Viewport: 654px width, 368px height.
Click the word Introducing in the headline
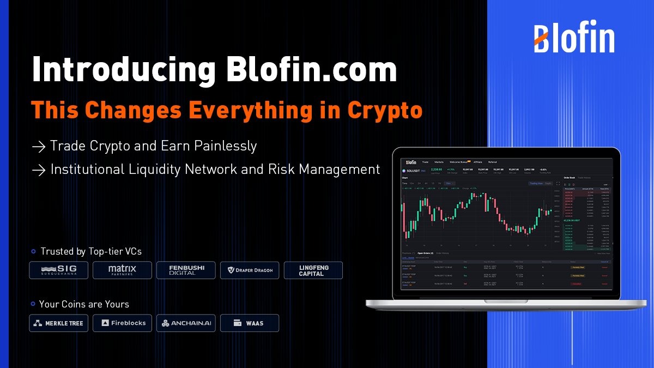click(117, 70)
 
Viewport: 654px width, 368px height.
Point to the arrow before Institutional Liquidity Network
click(38, 170)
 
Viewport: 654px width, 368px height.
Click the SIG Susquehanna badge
click(58, 270)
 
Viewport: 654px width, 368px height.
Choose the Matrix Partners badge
click(122, 270)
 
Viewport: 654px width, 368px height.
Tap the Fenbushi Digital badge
click(186, 270)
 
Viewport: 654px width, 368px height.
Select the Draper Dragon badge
click(250, 270)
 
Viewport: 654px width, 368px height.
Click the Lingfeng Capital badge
click(313, 270)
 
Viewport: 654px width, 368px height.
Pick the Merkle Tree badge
click(58, 323)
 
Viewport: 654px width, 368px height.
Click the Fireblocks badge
click(122, 323)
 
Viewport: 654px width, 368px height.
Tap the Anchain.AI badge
click(186, 323)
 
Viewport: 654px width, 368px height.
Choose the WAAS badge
click(250, 323)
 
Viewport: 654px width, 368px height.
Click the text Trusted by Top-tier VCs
click(90, 251)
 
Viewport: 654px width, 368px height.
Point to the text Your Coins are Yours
click(84, 304)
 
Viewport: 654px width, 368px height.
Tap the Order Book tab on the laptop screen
click(570, 178)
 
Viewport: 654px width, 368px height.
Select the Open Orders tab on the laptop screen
click(425, 253)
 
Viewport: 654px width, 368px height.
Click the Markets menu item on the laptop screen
click(439, 162)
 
